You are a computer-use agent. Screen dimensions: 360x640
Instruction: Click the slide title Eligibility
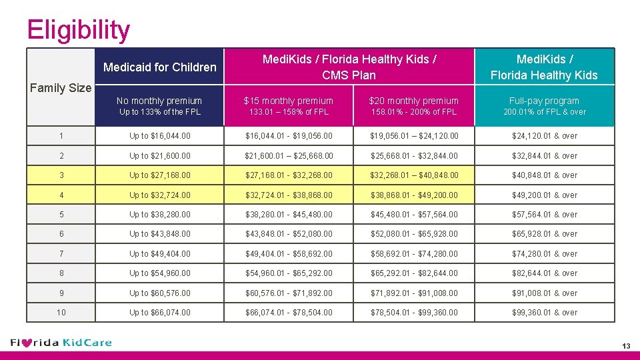(79, 30)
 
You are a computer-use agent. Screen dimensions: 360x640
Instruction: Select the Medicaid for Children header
(160, 67)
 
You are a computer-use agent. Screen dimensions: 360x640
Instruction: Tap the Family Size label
(61, 87)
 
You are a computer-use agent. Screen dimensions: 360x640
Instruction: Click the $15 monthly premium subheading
(288, 101)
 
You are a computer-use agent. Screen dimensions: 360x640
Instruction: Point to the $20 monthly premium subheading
(414, 101)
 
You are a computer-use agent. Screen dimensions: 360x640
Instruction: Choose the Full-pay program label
(544, 101)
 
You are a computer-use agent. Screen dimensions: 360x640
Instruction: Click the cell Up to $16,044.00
(160, 136)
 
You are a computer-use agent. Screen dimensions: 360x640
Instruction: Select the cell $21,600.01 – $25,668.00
(289, 156)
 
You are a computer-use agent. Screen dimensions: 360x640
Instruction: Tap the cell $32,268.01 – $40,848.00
(414, 175)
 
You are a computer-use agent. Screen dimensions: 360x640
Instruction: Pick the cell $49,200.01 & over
(544, 195)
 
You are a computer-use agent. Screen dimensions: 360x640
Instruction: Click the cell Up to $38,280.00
(160, 215)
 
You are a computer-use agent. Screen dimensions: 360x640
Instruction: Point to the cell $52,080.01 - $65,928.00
(414, 234)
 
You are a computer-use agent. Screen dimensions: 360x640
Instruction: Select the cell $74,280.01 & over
(544, 254)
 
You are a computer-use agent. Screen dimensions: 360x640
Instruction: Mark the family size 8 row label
(61, 273)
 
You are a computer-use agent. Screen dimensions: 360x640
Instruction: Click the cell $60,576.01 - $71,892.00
(289, 293)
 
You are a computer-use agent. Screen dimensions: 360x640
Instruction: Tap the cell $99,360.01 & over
(544, 313)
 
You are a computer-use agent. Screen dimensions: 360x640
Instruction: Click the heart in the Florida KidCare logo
(27, 343)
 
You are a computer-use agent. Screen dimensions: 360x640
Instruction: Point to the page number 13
(625, 345)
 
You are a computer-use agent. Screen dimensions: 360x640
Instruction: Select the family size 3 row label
(61, 175)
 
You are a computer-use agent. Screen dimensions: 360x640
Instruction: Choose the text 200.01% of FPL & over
(544, 112)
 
